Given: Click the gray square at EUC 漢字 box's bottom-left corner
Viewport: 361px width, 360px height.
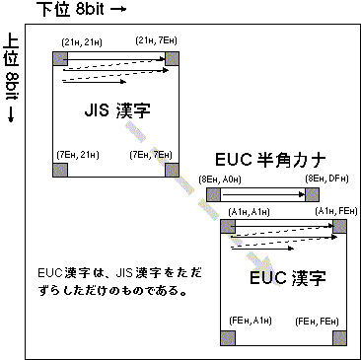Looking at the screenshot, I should (227, 336).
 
